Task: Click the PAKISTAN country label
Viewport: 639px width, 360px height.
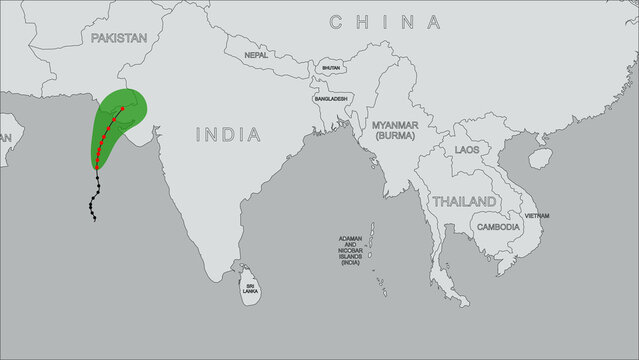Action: (x=118, y=37)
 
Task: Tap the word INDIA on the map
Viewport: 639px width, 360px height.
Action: (x=228, y=134)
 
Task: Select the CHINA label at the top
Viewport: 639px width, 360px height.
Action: (x=385, y=21)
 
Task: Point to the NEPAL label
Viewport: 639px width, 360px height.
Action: (x=256, y=55)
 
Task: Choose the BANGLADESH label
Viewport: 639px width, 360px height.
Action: (x=330, y=99)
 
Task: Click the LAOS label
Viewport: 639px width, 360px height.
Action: (x=466, y=149)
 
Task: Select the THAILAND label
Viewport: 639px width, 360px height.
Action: (x=463, y=201)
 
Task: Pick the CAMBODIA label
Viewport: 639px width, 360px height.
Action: (x=498, y=227)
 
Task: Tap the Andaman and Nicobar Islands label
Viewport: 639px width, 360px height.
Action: (x=350, y=250)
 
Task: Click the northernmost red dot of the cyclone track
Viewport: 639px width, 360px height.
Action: (x=122, y=108)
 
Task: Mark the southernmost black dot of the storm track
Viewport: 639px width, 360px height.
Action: (x=94, y=219)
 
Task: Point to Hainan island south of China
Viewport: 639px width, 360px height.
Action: (x=540, y=157)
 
